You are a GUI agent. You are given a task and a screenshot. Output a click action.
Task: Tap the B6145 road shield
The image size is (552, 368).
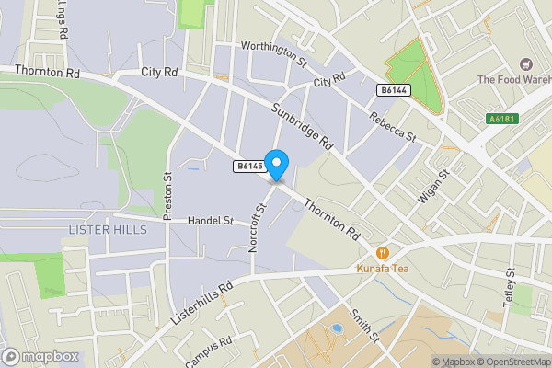click(248, 167)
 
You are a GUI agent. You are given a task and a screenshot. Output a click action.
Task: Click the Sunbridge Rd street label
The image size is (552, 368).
click(302, 127)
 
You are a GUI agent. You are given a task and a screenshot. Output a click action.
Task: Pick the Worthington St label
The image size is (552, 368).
click(273, 53)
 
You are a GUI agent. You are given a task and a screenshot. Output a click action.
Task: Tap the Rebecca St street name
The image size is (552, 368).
click(393, 126)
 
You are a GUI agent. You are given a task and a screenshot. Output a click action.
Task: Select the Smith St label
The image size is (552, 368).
click(362, 323)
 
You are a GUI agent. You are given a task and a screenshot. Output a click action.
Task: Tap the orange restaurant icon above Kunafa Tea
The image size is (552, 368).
click(382, 252)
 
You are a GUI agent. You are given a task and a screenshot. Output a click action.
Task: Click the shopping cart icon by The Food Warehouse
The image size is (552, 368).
click(525, 64)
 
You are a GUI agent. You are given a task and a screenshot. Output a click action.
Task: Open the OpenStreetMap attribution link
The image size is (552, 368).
click(504, 362)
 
